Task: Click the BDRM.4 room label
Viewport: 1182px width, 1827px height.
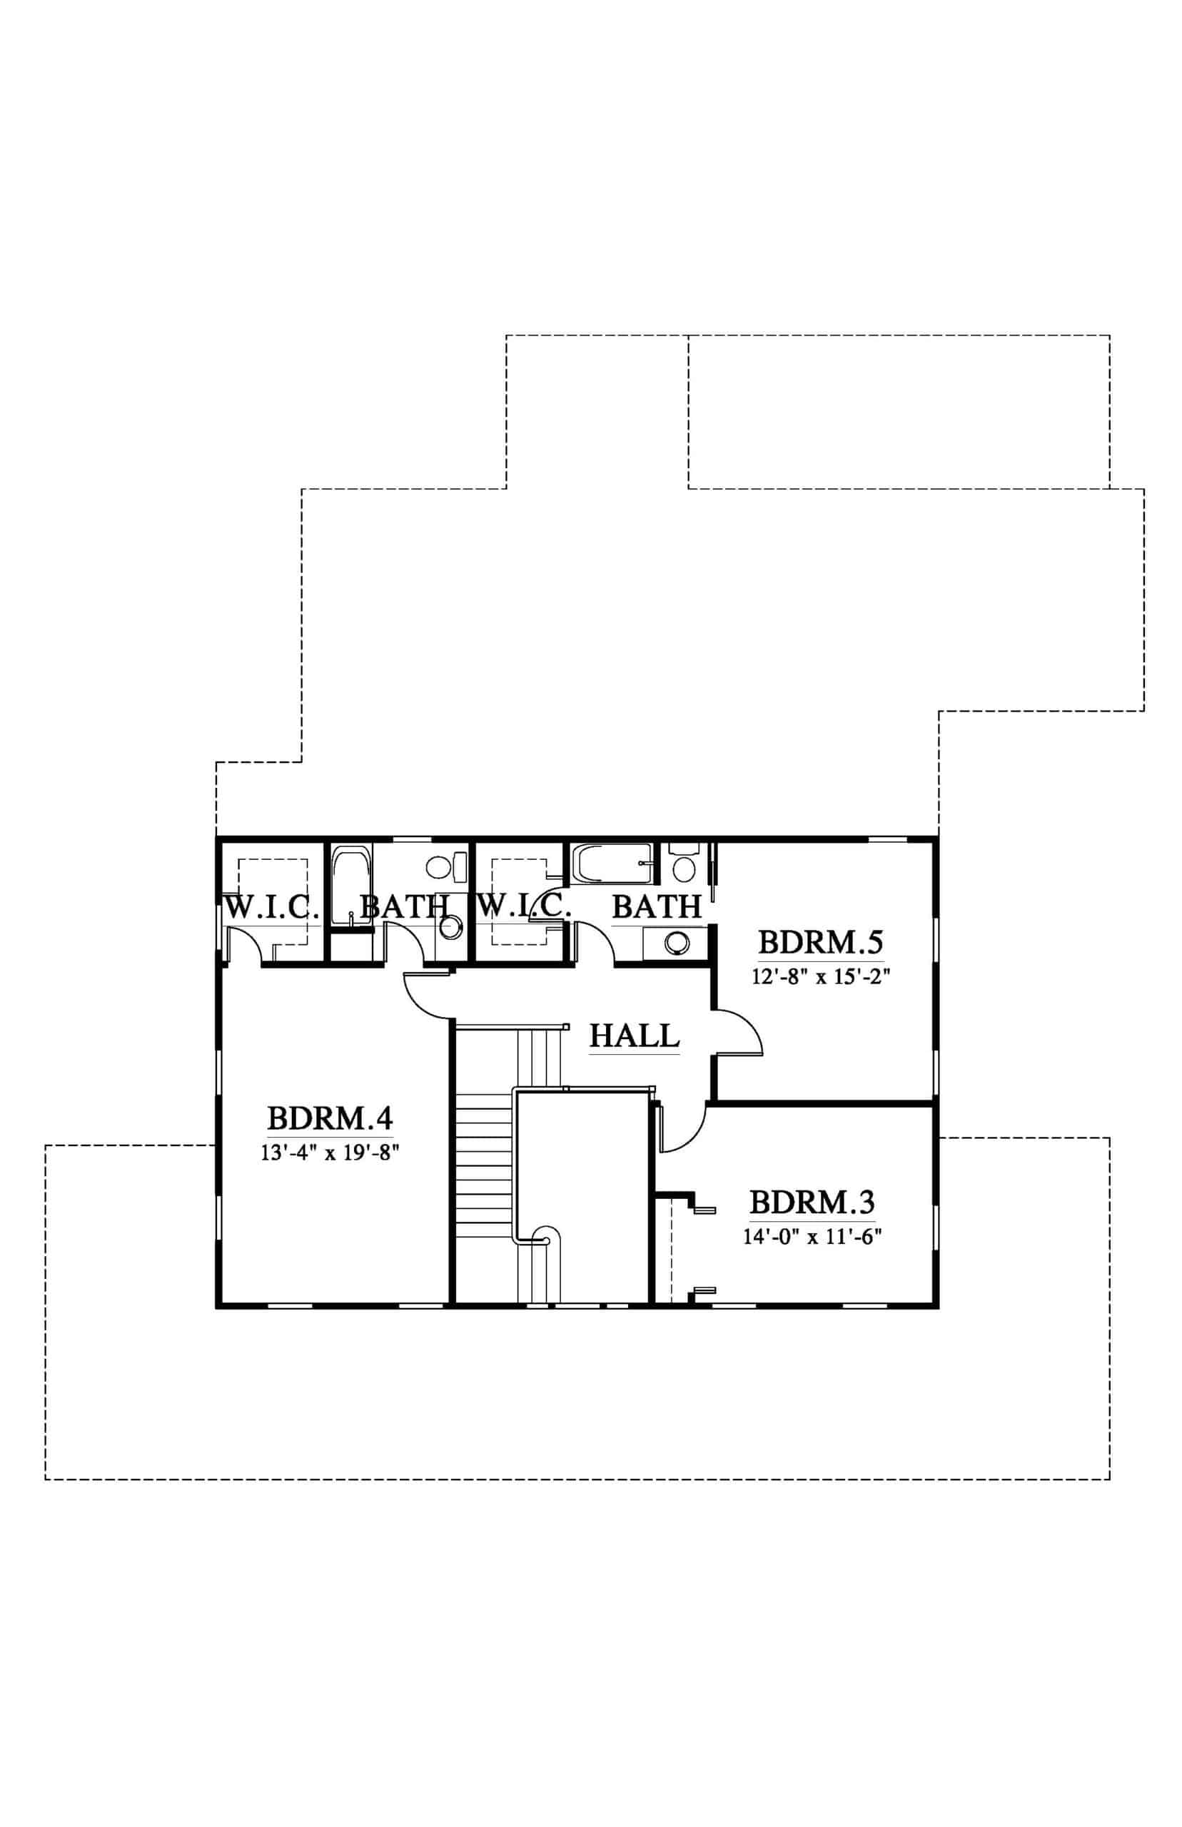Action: pyautogui.click(x=330, y=1119)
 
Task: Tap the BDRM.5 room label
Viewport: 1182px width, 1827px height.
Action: pyautogui.click(x=821, y=941)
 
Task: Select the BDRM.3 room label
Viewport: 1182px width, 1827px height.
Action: pyautogui.click(x=812, y=1202)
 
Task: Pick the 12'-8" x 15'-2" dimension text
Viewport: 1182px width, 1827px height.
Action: pyautogui.click(x=822, y=976)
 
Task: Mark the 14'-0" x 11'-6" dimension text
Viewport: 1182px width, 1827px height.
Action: pyautogui.click(x=812, y=1236)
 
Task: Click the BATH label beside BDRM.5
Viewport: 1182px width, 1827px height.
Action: pyautogui.click(x=657, y=907)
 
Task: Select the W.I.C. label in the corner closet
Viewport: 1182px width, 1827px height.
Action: pyautogui.click(x=272, y=907)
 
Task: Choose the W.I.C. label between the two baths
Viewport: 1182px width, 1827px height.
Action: pyautogui.click(x=524, y=907)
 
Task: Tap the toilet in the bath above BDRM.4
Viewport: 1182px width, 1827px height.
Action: pyautogui.click(x=446, y=868)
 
